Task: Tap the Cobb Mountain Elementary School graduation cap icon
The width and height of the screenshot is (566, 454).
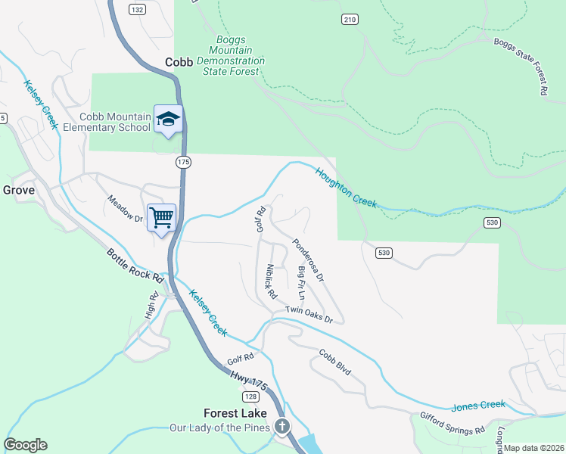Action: (168, 119)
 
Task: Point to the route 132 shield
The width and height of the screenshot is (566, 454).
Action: (136, 10)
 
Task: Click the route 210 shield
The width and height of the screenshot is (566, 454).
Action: (349, 19)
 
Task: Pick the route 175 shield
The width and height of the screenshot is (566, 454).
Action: (184, 162)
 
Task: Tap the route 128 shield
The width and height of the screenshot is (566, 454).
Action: (251, 396)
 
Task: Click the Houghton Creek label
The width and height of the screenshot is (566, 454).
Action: (346, 186)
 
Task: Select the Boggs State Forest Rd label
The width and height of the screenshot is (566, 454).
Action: (520, 68)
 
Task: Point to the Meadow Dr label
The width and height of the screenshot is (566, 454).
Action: (125, 210)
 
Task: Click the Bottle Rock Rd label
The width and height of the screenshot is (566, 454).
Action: (135, 263)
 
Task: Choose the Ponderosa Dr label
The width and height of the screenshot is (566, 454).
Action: (308, 260)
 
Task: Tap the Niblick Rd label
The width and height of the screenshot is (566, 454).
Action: (270, 279)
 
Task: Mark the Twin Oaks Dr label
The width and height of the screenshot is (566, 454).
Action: (309, 315)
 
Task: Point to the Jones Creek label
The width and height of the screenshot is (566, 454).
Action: (477, 406)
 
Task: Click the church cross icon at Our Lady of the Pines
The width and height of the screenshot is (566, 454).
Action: (282, 428)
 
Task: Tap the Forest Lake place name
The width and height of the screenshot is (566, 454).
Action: (235, 413)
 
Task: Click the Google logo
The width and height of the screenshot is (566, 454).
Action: (25, 445)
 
